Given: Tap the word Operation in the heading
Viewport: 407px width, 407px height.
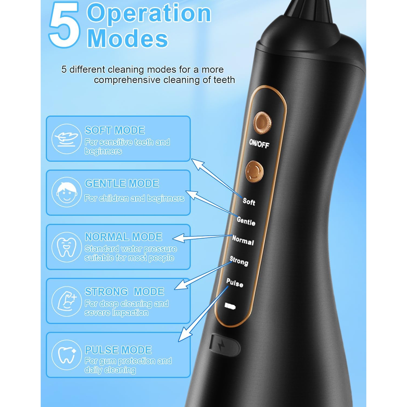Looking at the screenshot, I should point(149,14).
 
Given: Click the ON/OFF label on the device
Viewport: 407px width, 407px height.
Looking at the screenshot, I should point(259,144).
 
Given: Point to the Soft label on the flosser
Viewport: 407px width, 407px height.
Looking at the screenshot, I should point(249,201).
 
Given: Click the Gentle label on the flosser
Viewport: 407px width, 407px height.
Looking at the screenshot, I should point(246,221).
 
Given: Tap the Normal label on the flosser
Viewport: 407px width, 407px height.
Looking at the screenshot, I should point(243,240).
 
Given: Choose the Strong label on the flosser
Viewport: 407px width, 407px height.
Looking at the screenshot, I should point(239,261).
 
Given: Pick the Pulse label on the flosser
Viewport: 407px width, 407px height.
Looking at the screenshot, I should point(235,283).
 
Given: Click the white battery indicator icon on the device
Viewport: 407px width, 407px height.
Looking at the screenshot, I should point(230,306).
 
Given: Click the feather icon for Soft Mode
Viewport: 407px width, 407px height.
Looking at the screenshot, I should point(66,139).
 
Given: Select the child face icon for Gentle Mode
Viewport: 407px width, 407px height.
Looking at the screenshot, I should point(66,192).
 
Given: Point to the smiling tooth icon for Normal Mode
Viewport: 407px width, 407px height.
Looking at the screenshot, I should point(66,247).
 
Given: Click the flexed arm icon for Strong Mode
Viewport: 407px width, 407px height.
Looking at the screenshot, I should point(66,301).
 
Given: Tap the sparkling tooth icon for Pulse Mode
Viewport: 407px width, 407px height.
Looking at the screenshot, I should point(66,355).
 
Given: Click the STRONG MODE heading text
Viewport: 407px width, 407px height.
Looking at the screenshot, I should point(124,292).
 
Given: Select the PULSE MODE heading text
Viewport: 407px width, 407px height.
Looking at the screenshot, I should point(118,350).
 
